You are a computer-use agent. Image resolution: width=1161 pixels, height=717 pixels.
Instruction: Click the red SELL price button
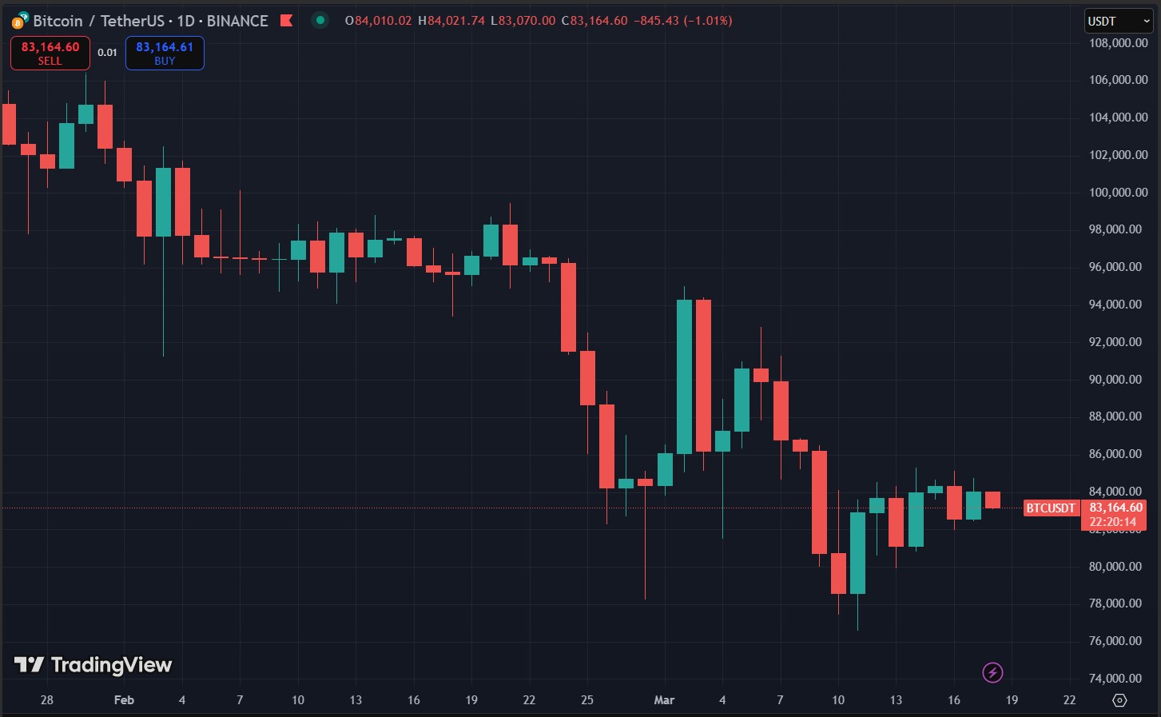[50, 53]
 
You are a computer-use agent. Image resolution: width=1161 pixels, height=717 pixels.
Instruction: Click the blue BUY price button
[165, 53]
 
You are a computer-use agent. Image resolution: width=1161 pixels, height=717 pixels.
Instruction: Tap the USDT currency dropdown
[1117, 21]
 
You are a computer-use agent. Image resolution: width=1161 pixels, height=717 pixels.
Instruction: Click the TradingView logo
[93, 665]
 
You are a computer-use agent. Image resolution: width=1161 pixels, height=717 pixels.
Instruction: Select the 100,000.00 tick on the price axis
[1118, 192]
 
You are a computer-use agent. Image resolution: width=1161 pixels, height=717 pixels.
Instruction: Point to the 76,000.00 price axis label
[1118, 641]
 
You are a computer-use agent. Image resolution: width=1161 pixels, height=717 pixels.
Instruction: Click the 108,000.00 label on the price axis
[1118, 43]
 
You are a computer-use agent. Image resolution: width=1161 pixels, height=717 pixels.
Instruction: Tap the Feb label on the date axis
[124, 700]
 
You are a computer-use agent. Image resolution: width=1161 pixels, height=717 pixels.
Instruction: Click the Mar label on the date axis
[664, 700]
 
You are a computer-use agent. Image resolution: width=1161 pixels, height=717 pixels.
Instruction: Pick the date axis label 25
[587, 700]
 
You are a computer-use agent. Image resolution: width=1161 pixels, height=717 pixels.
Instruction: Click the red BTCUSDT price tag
[1051, 508]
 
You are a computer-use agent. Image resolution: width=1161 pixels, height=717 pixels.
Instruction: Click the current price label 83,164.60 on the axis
[1115, 508]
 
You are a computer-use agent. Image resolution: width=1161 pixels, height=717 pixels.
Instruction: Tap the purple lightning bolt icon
[992, 672]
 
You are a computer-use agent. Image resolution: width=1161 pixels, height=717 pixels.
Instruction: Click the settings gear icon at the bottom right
[1119, 700]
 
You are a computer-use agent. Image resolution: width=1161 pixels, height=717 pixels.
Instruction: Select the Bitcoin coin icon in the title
[20, 21]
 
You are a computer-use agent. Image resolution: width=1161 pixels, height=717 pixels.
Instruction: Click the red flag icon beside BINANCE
[286, 21]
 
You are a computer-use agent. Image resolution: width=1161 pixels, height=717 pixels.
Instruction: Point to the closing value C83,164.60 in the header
[594, 21]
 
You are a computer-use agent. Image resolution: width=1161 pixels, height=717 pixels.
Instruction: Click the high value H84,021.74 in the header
[451, 21]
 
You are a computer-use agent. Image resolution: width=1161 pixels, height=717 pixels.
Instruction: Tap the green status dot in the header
[320, 20]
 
